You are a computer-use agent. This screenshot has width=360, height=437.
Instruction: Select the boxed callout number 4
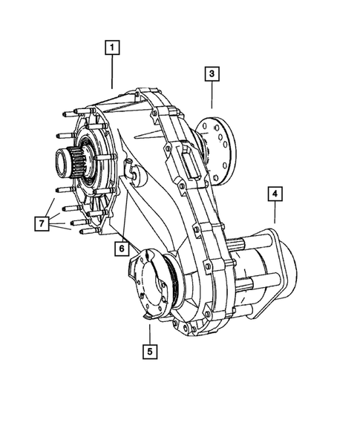tap(275, 194)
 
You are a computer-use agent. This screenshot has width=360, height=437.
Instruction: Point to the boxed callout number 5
tap(151, 352)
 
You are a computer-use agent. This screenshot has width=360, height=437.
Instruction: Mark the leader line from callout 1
tap(112, 73)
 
